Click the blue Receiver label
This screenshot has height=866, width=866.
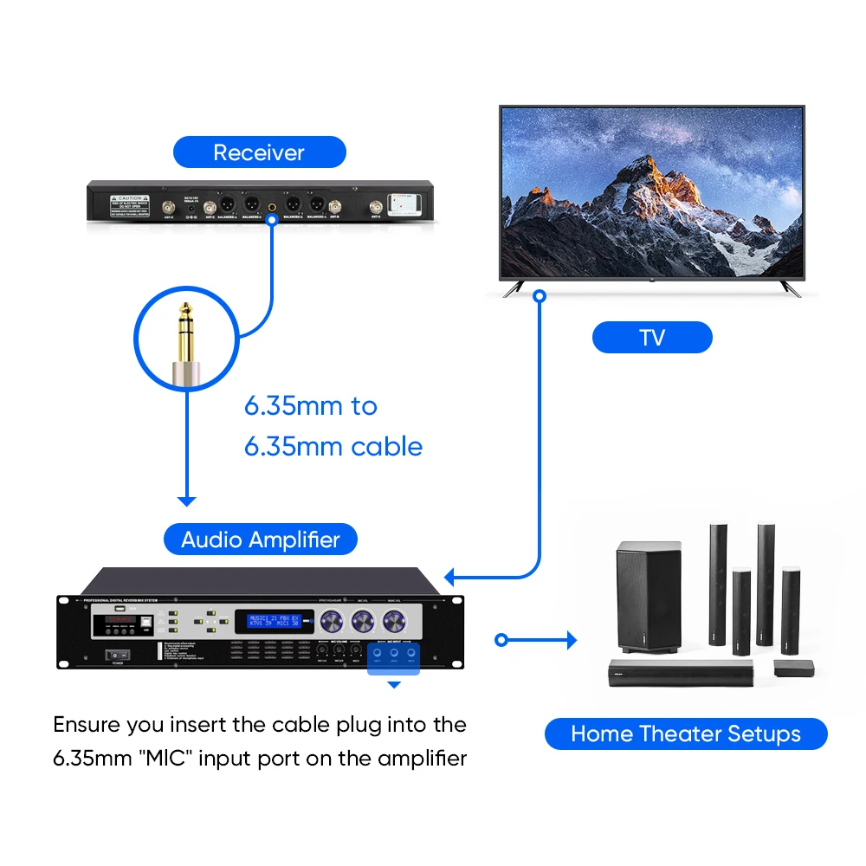(x=259, y=152)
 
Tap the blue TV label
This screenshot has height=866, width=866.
(x=651, y=337)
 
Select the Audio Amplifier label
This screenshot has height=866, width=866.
(x=261, y=540)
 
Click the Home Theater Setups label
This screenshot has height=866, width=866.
(x=685, y=734)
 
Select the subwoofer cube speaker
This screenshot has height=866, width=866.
(x=648, y=598)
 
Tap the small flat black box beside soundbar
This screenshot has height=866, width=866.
(x=794, y=667)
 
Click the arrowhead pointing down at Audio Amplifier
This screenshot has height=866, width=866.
(x=186, y=501)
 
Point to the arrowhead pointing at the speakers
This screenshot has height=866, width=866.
(x=571, y=641)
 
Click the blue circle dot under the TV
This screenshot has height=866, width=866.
(x=539, y=296)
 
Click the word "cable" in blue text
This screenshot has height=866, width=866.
(x=387, y=447)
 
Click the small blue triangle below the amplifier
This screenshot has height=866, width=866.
(x=394, y=684)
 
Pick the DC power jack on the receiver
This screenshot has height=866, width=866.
(x=190, y=209)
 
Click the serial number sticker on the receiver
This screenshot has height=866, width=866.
(x=404, y=203)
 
